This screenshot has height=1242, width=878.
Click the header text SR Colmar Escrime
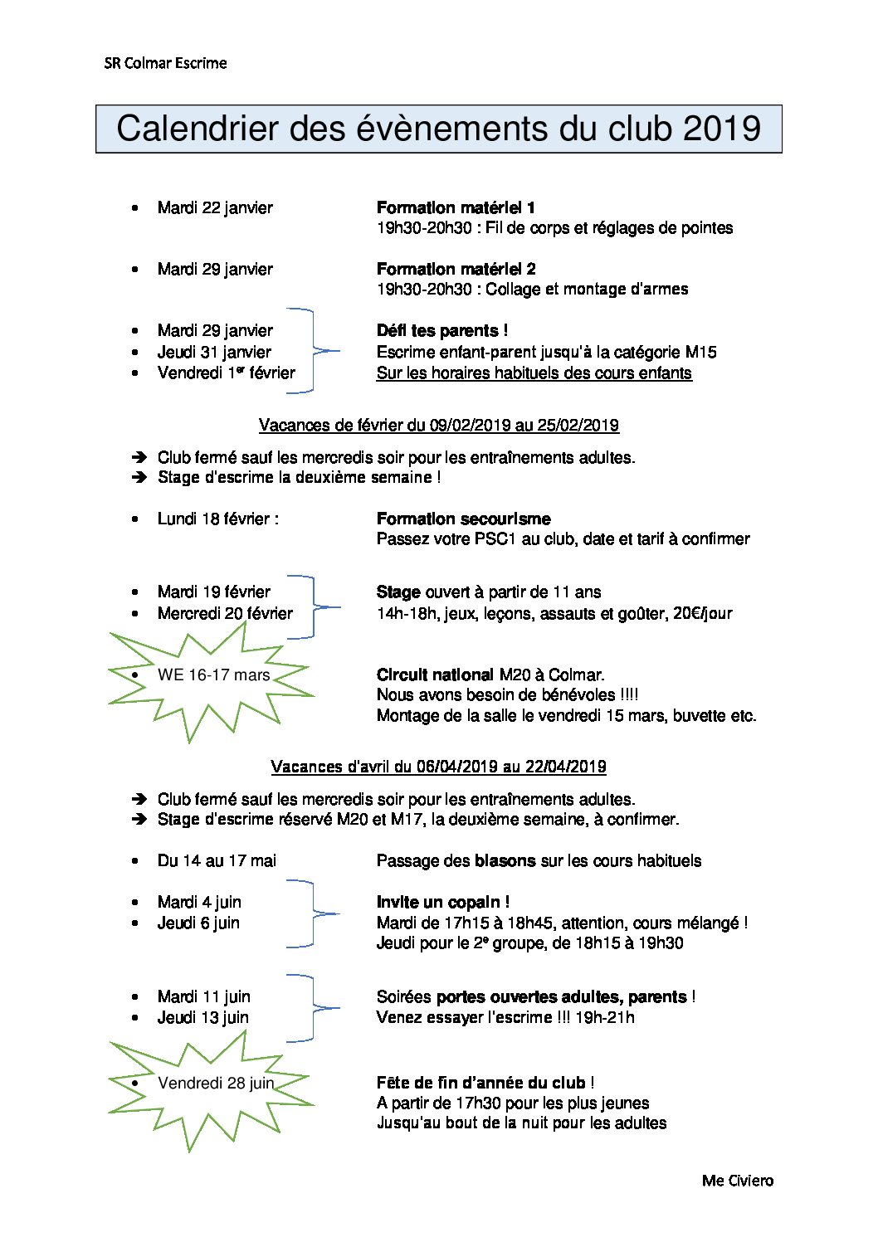(x=165, y=63)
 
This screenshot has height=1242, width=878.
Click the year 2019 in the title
(x=721, y=129)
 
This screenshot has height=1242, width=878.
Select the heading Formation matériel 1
(x=456, y=207)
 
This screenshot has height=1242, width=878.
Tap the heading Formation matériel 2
(x=456, y=269)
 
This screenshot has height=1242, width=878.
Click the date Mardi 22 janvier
(x=215, y=207)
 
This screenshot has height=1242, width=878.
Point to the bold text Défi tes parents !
(x=441, y=330)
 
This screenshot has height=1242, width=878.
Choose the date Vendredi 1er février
(x=226, y=373)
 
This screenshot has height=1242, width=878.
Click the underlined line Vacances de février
(x=438, y=426)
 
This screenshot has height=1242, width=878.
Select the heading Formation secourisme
(x=463, y=519)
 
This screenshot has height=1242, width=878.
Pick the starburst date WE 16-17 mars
(x=213, y=675)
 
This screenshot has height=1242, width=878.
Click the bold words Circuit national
(x=435, y=675)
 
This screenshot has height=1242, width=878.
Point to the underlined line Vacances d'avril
(x=438, y=767)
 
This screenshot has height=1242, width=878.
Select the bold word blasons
(x=505, y=861)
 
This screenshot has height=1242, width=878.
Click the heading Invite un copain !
(x=442, y=902)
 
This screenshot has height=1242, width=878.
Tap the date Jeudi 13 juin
(x=202, y=1017)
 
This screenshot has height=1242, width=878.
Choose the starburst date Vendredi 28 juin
(x=216, y=1083)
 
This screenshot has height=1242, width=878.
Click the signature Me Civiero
(x=737, y=1181)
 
